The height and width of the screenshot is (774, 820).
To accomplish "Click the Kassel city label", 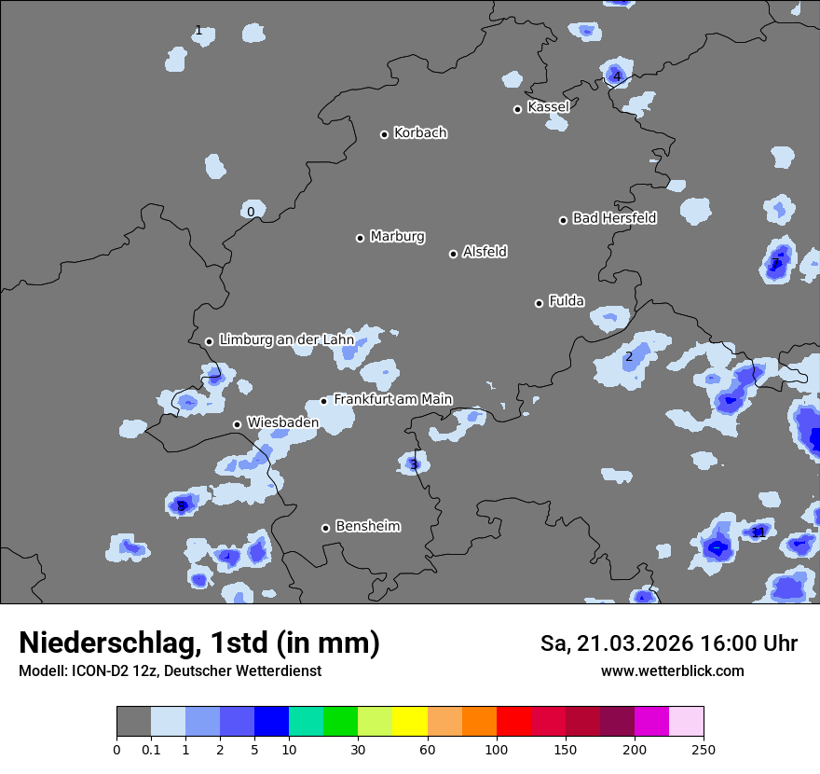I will (x=548, y=107).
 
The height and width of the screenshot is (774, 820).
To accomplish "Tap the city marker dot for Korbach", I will (x=384, y=134).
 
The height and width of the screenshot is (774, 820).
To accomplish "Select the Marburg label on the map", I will (x=397, y=237).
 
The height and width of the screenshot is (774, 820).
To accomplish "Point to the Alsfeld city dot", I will (x=453, y=254).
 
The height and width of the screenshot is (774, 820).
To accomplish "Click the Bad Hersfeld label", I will (x=614, y=218).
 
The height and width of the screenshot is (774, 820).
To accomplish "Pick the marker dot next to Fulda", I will (x=539, y=303).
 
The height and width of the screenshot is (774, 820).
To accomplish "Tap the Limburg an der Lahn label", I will (x=286, y=340).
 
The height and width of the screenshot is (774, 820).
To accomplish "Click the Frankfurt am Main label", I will (x=392, y=399).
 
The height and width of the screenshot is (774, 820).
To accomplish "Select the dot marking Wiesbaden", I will (x=237, y=424).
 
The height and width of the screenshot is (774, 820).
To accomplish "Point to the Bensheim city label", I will (x=367, y=526).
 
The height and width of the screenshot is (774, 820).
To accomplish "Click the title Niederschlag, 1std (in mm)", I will (x=199, y=643).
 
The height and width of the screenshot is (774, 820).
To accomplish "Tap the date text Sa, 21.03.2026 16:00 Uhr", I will (x=668, y=643).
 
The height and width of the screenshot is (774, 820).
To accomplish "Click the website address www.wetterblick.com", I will (x=672, y=671).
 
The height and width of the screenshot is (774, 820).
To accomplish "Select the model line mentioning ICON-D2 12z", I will (x=170, y=671).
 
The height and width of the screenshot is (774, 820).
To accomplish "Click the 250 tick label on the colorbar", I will (x=704, y=750).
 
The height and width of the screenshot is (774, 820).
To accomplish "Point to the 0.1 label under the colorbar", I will (x=151, y=750).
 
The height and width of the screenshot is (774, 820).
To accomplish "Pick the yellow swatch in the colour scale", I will (x=410, y=722).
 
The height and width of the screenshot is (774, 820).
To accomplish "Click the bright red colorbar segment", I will (x=513, y=722).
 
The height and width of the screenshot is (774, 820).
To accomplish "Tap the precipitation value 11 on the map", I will (x=758, y=532).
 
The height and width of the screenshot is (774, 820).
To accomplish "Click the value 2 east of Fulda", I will (x=629, y=357).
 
